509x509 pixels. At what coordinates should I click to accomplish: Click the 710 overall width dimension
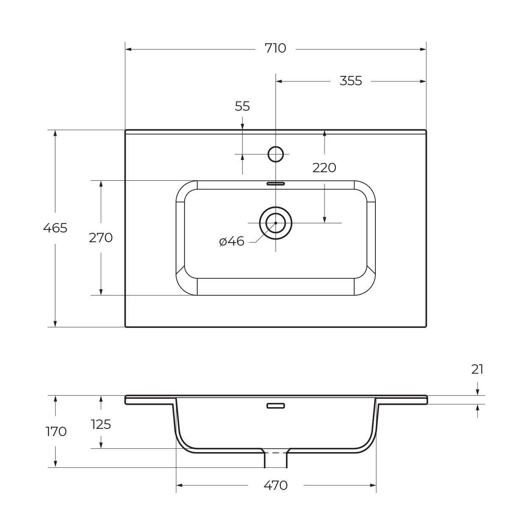tap(275, 48)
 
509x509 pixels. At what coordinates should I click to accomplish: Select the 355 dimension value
tap(350, 81)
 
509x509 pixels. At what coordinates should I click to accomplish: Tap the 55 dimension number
tap(242, 106)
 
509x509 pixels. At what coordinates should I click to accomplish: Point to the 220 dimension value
tap(324, 168)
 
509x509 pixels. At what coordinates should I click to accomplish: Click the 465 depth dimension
tap(55, 228)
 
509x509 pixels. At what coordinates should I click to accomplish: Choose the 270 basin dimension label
tap(101, 238)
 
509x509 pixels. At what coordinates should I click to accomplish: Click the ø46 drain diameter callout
tap(232, 241)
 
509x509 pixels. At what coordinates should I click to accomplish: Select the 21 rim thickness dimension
tap(477, 369)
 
